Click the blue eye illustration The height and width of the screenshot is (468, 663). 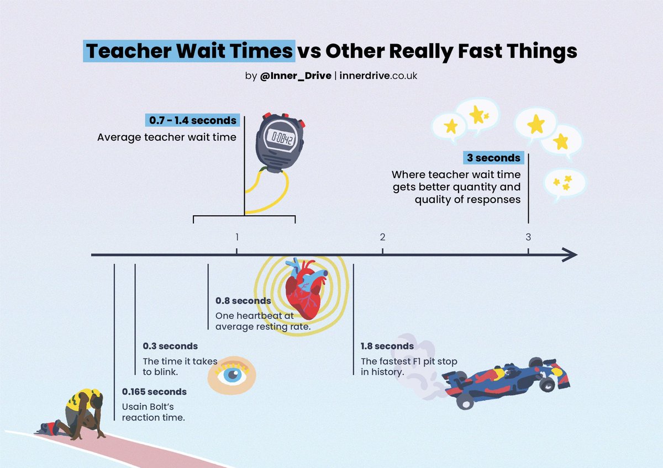[231, 375]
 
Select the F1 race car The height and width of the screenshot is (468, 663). [508, 381]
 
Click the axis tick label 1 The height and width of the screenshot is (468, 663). [237, 237]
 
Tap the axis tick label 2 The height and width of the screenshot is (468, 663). [382, 237]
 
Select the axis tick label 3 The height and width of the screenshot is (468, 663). [528, 237]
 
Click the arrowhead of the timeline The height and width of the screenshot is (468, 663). [570, 255]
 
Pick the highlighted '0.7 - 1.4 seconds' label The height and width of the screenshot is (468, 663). [192, 120]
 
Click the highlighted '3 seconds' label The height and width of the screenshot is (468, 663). [493, 158]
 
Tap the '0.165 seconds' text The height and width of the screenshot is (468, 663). [154, 392]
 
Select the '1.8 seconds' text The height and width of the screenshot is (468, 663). [387, 346]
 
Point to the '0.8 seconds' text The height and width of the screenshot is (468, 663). [243, 301]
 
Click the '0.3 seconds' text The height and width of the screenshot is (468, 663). [170, 346]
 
